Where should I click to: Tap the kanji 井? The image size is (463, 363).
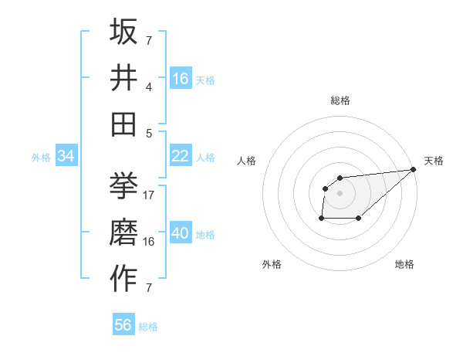point(123,77)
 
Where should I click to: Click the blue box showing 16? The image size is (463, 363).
point(181,79)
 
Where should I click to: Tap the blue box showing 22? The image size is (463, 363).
point(181,156)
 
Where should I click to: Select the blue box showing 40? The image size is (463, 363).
point(181,234)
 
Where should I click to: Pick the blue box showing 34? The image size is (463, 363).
point(66,157)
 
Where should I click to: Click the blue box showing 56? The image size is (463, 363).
point(123,325)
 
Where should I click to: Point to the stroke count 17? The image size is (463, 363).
point(149,195)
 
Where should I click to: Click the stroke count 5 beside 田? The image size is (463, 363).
point(149,133)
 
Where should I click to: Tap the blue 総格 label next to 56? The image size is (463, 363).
point(149,327)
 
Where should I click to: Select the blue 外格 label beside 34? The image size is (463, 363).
point(41,158)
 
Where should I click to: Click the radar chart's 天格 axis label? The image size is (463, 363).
point(434,161)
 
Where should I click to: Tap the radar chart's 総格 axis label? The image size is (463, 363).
point(340,100)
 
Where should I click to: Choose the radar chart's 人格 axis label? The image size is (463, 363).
point(247,161)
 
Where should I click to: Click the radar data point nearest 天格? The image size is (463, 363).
point(413,170)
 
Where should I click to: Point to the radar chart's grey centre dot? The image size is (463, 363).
point(340,193)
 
